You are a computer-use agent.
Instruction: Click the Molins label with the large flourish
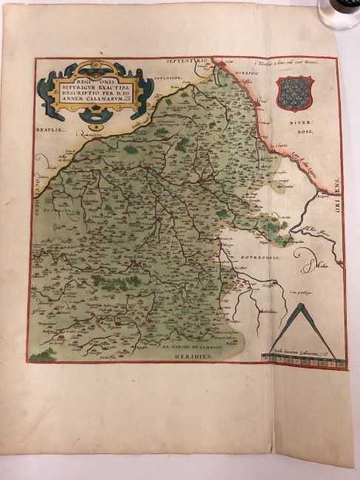pos(317,262)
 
